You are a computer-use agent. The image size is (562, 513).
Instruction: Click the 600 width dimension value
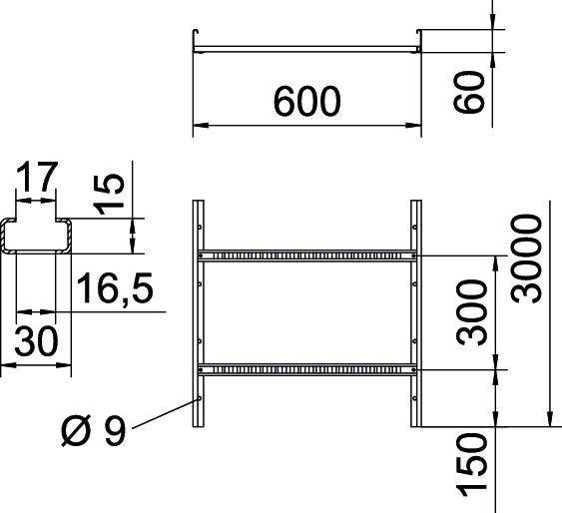click(x=305, y=100)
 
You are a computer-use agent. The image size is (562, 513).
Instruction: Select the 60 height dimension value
click(x=475, y=91)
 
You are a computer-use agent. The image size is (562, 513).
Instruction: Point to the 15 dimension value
click(x=112, y=194)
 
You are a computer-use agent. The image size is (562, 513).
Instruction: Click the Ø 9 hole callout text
click(x=91, y=434)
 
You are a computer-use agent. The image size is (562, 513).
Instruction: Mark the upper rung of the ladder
click(x=305, y=256)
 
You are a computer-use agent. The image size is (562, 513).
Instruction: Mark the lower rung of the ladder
click(x=305, y=368)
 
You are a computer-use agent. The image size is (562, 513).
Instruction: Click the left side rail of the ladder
click(x=198, y=314)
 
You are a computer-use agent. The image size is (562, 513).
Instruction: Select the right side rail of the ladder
click(x=414, y=314)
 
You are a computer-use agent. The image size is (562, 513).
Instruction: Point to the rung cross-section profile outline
click(x=37, y=238)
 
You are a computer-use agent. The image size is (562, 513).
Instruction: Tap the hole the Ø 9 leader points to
click(x=200, y=397)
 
